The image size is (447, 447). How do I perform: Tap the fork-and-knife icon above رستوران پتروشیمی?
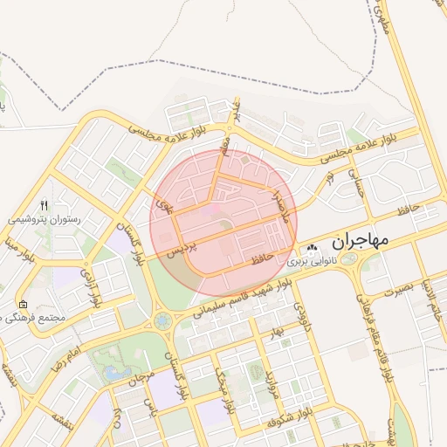pyautogui.click(x=45, y=206)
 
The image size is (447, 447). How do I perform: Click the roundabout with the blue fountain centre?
pyautogui.click(x=163, y=321)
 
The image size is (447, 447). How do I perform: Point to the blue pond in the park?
pyautogui.click(x=114, y=372)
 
